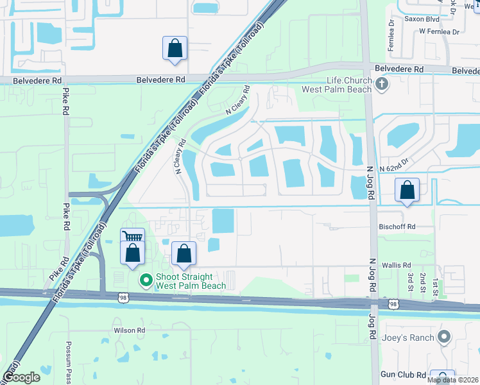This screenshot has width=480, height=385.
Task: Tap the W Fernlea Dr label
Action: pyautogui.click(x=440, y=31)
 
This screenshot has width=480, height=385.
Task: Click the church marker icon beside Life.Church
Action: pyautogui.click(x=382, y=84)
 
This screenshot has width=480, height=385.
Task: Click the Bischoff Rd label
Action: pyautogui.click(x=397, y=227)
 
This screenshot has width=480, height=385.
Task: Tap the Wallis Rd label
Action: pyautogui.click(x=398, y=265)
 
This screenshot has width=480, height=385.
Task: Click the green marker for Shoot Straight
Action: pyautogui.click(x=146, y=280)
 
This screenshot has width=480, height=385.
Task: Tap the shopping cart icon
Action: pyautogui.click(x=133, y=237)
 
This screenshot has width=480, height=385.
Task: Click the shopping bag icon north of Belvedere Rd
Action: pyautogui.click(x=175, y=48)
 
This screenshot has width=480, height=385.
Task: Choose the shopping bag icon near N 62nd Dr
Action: pyautogui.click(x=407, y=190)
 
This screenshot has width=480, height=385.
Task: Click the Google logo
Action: pyautogui.click(x=21, y=378)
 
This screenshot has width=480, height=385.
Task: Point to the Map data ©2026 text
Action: pyautogui.click(x=453, y=380)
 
